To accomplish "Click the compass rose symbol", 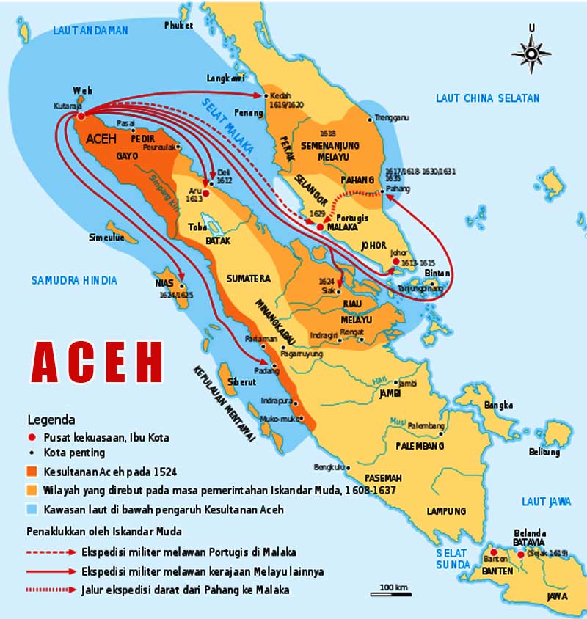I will pyautogui.click(x=531, y=52).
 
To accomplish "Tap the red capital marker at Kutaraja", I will pyautogui.click(x=81, y=115).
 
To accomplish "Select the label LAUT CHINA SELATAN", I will pyautogui.click(x=487, y=98).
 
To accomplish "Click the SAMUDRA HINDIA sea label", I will pyautogui.click(x=74, y=280).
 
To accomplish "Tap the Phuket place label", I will pyautogui.click(x=180, y=26).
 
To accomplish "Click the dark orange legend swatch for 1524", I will pyautogui.click(x=34, y=472).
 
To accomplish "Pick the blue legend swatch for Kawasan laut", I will pyautogui.click(x=34, y=509).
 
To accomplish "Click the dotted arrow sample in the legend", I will pyautogui.click(x=55, y=589).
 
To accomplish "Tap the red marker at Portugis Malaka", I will pyautogui.click(x=320, y=227).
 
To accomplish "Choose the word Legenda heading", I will pyautogui.click(x=51, y=420).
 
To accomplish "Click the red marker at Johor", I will pyautogui.click(x=395, y=262).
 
